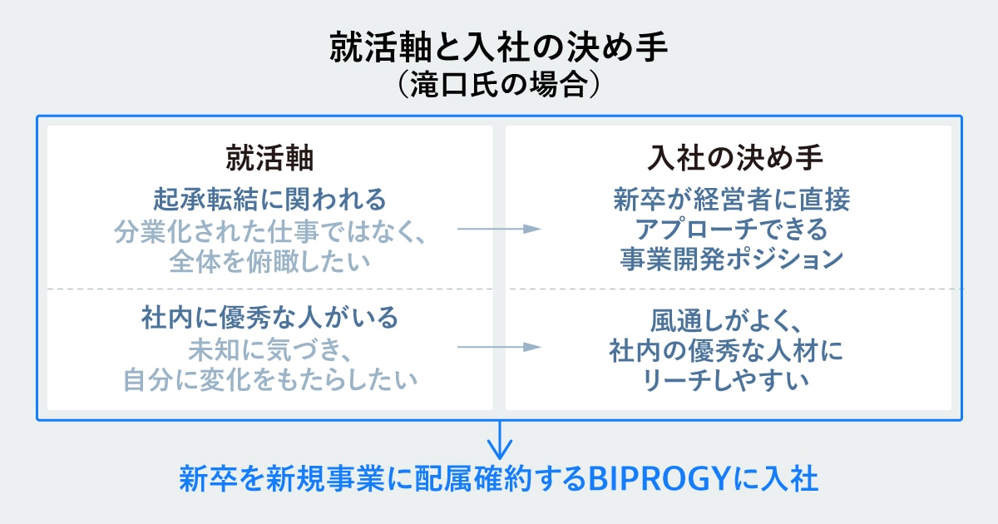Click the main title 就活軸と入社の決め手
(x=498, y=48)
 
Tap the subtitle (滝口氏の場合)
(x=498, y=85)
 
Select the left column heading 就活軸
(x=269, y=158)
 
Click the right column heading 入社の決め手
(x=728, y=158)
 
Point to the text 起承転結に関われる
(x=269, y=199)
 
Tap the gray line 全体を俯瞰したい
(x=269, y=260)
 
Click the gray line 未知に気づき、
(x=269, y=348)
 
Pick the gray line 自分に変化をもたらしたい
(x=269, y=378)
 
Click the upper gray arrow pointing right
(x=500, y=230)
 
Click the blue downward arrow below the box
(x=499, y=438)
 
